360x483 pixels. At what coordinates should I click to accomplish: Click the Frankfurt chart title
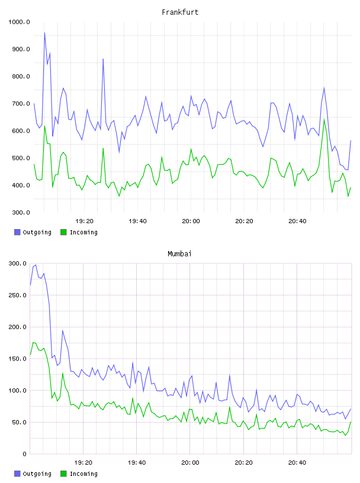pos(180,12)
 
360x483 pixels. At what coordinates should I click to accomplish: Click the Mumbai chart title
pos(179,254)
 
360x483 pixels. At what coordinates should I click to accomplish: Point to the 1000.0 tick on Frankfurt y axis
pos(19,22)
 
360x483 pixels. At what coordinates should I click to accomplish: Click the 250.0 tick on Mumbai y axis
pos(17,295)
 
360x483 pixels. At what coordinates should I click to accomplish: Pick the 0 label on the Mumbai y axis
pos(24,454)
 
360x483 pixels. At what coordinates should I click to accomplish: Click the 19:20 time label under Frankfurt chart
pos(84,221)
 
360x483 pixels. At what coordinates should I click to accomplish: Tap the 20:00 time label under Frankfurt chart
pos(191,221)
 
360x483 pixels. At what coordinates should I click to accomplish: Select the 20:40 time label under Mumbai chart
pos(297,463)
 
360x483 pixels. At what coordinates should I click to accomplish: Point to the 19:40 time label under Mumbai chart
pos(137,463)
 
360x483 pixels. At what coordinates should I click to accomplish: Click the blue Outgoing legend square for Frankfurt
pos(17,232)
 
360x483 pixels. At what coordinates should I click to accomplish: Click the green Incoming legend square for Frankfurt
pos(63,232)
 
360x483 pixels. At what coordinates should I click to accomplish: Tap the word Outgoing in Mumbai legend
pos(37,474)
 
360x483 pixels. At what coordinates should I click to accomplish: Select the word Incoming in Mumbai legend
pos(83,474)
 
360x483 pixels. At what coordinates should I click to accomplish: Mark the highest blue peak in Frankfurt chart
pos(44,33)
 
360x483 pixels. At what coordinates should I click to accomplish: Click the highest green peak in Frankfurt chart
pos(324,119)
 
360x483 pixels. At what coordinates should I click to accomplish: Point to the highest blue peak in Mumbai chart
pos(36,265)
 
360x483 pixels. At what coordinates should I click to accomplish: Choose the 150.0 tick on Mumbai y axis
pos(17,359)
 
